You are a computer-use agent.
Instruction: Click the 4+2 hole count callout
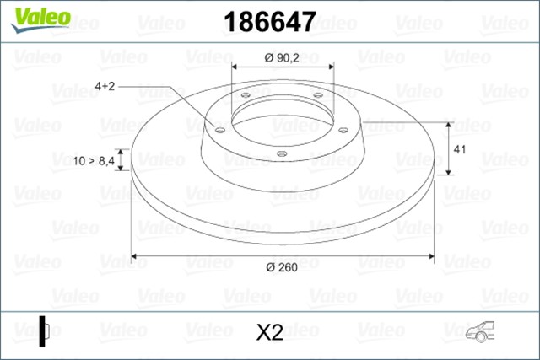[x=105, y=86]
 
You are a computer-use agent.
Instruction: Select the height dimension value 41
[x=461, y=149]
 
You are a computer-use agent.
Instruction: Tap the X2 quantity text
[x=268, y=333]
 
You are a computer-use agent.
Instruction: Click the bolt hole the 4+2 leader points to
[x=220, y=130]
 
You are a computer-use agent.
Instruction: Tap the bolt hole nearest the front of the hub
[x=281, y=153]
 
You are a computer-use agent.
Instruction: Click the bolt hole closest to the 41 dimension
[x=344, y=129]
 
